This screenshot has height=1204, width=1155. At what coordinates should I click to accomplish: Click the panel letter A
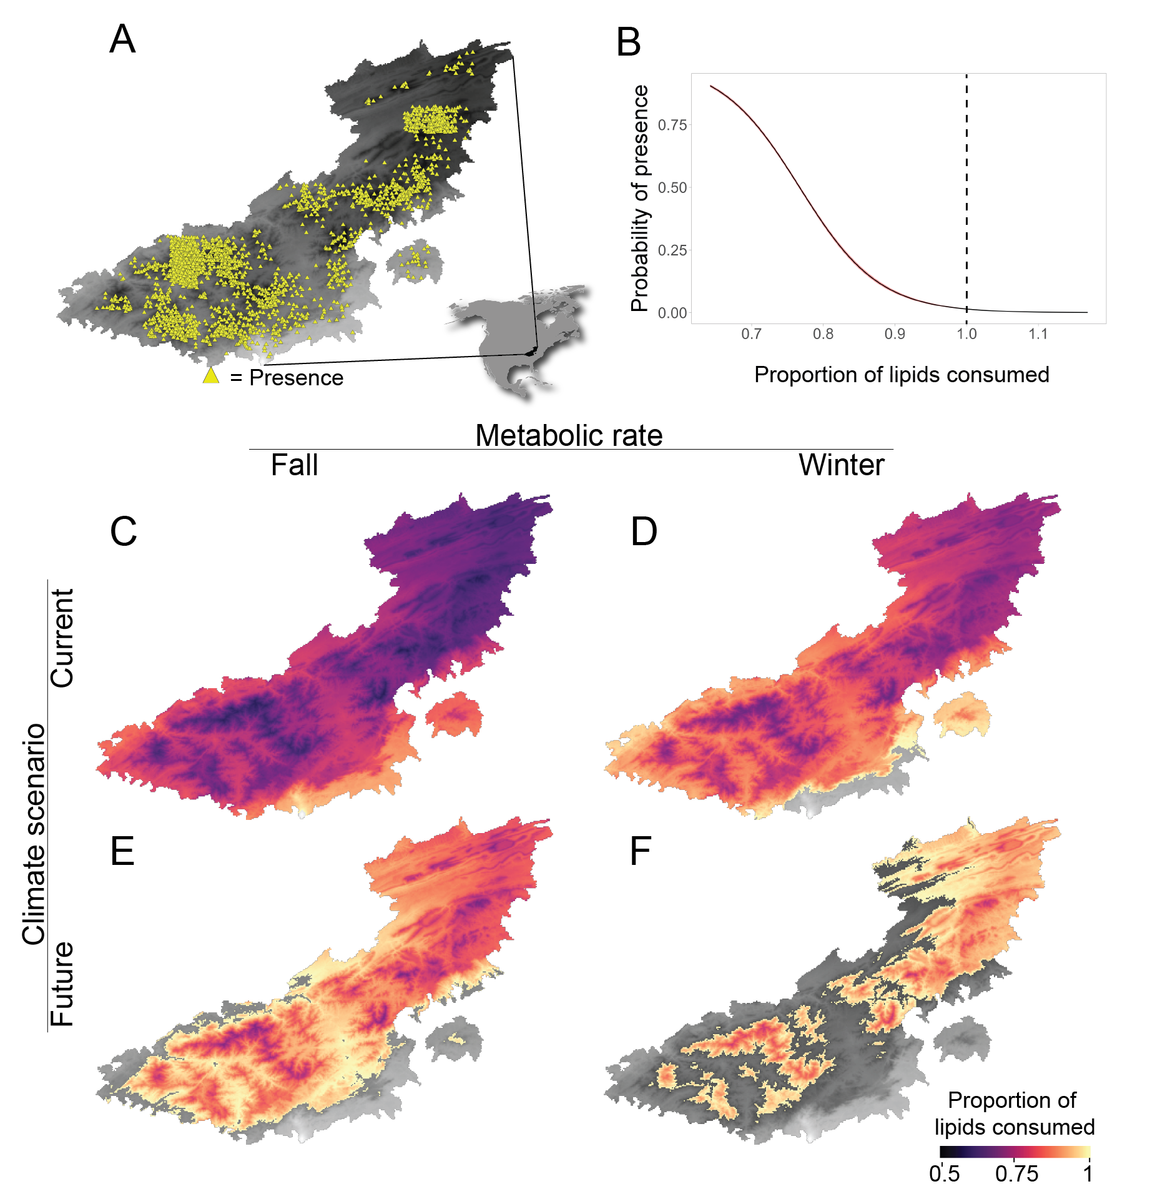coord(122,39)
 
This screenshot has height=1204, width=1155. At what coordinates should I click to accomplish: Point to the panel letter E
coord(122,851)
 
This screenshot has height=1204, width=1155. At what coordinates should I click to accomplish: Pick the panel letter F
coord(641,851)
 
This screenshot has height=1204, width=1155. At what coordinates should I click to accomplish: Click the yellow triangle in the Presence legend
coord(211,376)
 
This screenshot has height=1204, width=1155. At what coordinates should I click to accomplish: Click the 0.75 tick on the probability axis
coord(672,125)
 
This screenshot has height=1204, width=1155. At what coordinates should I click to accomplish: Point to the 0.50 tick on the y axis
coord(672,187)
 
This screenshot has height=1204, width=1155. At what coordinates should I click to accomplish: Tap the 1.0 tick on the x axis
coord(966,334)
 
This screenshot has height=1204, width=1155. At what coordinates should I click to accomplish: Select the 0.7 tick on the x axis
coord(751,334)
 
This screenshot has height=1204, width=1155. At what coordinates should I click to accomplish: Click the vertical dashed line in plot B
coord(966,187)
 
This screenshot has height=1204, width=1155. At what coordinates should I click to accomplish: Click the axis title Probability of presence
coord(639,198)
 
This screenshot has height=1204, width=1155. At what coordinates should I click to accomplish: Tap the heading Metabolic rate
coord(569,435)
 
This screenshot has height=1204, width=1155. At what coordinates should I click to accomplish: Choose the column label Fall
coord(294,465)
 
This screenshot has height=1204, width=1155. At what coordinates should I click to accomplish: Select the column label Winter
coord(841,465)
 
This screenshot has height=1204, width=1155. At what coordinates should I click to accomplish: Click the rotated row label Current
coord(62,638)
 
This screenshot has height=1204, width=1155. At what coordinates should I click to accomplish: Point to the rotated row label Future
coord(62,984)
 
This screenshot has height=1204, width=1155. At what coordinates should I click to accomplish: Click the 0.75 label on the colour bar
coord(1016,1173)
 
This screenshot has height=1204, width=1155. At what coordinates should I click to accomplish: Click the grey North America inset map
coord(512,331)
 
